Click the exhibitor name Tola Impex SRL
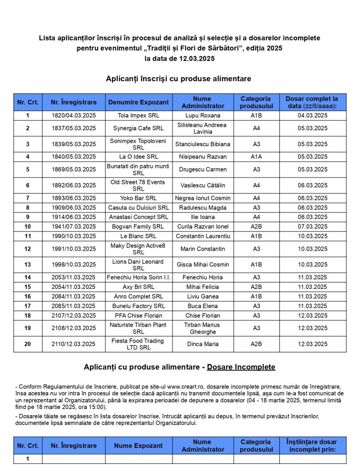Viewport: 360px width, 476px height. [138, 115]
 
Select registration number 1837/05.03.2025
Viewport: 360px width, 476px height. [74, 128]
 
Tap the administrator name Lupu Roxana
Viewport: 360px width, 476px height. [202, 115]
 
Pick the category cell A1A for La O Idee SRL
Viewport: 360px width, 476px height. [256, 156]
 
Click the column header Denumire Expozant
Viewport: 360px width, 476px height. [138, 102]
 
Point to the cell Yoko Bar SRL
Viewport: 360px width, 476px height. [138, 198]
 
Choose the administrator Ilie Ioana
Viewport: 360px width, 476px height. [202, 217]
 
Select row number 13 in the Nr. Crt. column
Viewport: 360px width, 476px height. [28, 265]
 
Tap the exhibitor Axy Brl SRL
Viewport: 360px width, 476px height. [138, 287]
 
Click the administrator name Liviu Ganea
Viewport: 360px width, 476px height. [202, 296]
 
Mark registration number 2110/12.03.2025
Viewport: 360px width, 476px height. [74, 344]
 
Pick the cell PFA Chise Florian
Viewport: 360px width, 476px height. [138, 315]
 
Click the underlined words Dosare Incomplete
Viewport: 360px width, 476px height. [241, 367]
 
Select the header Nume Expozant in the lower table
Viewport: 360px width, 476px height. [138, 446]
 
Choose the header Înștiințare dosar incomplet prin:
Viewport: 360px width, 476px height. [313, 446]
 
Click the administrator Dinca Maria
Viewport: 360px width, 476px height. [202, 344]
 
